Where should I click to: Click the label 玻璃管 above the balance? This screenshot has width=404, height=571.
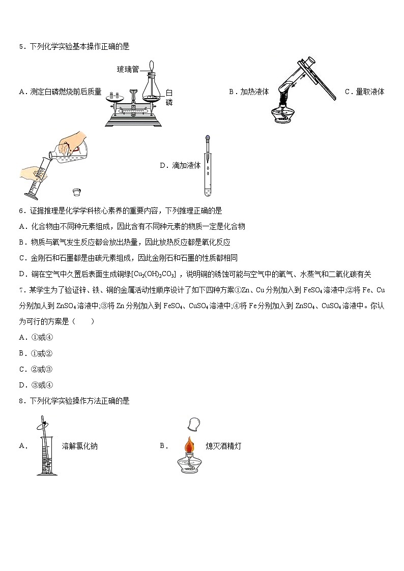[128, 70]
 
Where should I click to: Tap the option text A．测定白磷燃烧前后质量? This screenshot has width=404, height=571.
[60, 92]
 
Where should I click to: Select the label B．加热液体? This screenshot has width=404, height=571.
[249, 92]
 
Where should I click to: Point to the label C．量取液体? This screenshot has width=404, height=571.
[364, 92]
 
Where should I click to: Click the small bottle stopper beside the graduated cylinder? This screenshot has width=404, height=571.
[77, 192]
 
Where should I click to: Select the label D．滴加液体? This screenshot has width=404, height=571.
[180, 166]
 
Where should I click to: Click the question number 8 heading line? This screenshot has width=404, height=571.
[74, 401]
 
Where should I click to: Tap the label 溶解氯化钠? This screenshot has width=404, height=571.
[79, 446]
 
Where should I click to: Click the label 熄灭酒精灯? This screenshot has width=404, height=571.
[223, 446]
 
